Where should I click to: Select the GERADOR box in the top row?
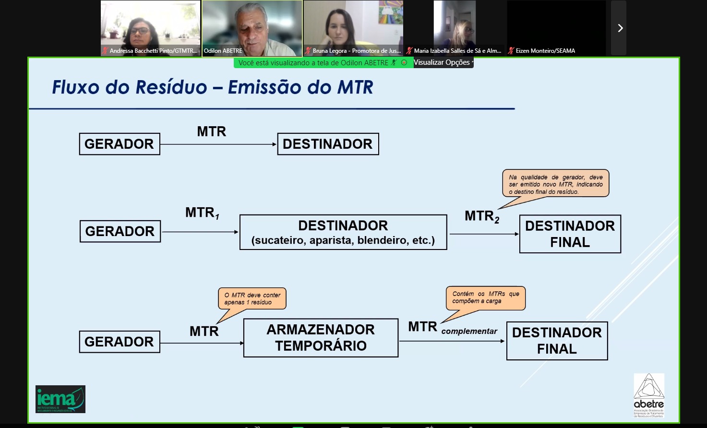(x=120, y=144)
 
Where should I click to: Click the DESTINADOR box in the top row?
(x=328, y=144)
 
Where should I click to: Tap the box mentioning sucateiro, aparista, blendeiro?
(x=343, y=233)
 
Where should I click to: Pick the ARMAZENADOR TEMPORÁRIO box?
(x=321, y=338)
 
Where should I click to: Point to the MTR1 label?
(x=202, y=213)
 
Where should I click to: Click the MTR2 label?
(x=481, y=216)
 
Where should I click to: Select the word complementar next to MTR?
(x=469, y=331)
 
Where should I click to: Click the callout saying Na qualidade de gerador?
(x=555, y=184)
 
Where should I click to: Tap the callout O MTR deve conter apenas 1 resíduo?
(x=252, y=298)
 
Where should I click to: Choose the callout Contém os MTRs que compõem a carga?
(x=485, y=297)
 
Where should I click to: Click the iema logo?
(x=60, y=399)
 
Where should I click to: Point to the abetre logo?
(x=649, y=395)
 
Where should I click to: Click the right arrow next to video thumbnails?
(x=620, y=28)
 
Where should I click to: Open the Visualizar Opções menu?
(x=443, y=62)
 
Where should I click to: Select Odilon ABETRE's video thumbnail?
(x=252, y=28)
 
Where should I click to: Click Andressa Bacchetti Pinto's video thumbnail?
(x=150, y=28)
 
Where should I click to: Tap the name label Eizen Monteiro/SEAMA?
(x=545, y=51)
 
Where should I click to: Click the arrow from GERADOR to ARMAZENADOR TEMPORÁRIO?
(x=202, y=343)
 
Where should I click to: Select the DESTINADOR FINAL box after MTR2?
(x=570, y=234)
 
